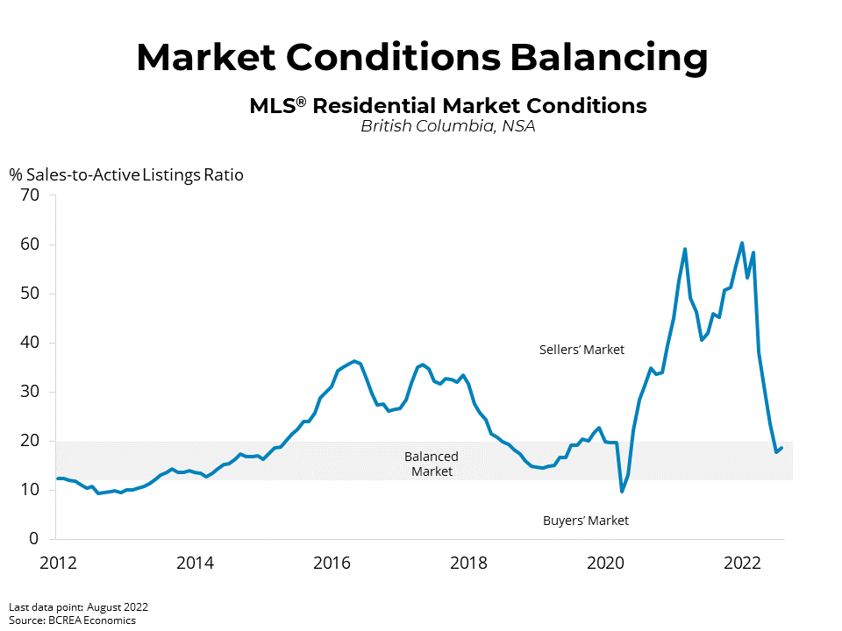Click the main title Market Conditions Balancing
421,58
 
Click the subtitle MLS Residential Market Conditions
447,106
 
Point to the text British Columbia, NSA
447,126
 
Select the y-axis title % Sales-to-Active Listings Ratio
126,174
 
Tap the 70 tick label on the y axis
29,195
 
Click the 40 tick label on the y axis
29,343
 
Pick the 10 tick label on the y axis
29,490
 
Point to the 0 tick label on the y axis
34,539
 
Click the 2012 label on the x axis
57,562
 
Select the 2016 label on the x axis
332,562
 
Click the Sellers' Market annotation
582,350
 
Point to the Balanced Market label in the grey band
431,464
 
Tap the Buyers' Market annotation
586,521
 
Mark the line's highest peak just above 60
742,243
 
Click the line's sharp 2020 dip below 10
622,491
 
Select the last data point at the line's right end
781,447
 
